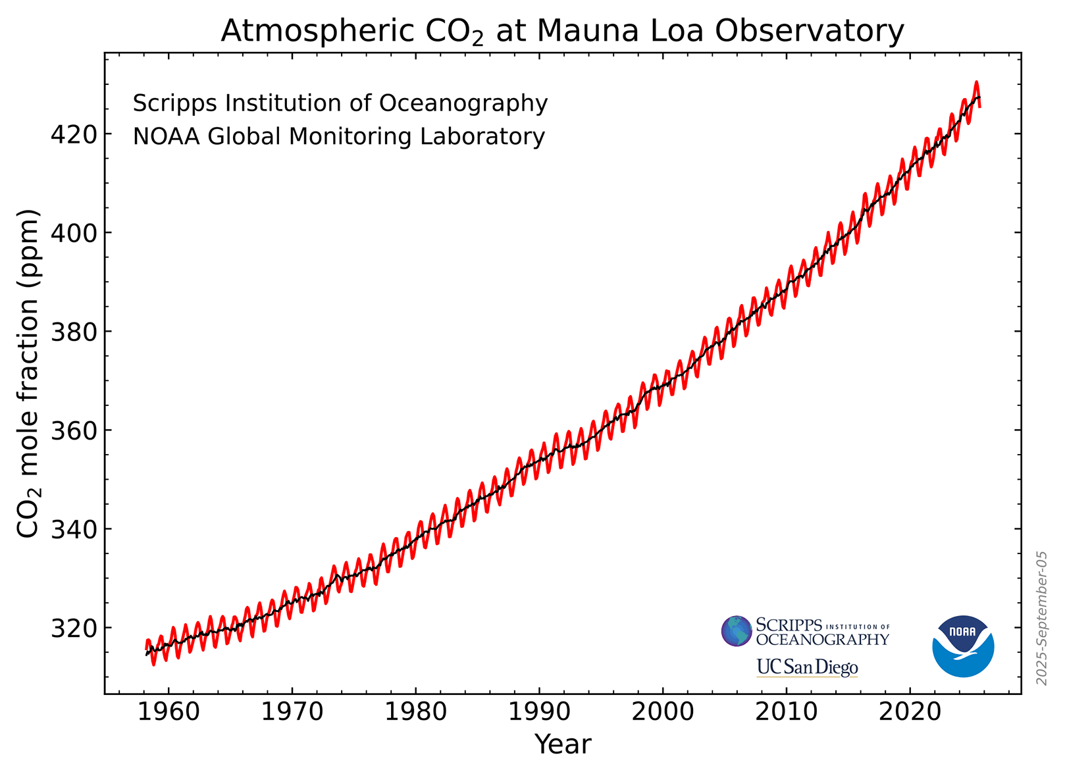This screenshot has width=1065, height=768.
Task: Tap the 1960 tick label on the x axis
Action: pos(169,713)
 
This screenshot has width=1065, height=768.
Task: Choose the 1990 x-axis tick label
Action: pos(539,713)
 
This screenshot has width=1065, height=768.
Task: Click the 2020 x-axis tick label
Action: pos(910,713)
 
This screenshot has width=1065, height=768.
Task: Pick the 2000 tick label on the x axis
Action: pos(662,713)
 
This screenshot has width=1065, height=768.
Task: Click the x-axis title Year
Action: pos(563,744)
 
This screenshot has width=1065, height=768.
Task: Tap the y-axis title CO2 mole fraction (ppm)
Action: pos(29,373)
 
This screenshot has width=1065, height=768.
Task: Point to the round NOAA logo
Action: pos(963,646)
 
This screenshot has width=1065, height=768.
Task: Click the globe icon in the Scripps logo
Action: pos(737,631)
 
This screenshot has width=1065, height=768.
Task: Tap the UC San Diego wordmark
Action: pos(807,667)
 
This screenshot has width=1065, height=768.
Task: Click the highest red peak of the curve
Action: pos(976,83)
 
